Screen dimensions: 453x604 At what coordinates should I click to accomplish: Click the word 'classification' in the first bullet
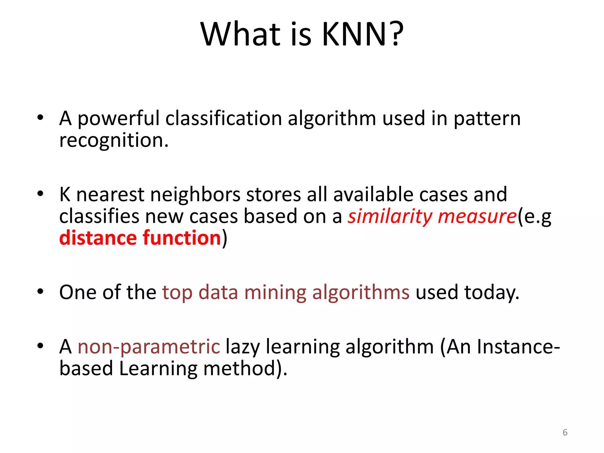pos(224,118)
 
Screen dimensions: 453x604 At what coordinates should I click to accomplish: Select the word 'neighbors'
pos(195,195)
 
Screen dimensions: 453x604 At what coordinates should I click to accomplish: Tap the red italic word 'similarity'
pos(390,217)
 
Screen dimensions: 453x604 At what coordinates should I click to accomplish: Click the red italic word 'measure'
pos(477,217)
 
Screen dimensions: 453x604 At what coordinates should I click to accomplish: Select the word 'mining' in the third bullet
pos(275,293)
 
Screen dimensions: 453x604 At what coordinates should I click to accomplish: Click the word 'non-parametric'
pos(149,347)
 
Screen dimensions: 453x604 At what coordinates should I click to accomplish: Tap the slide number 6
pos(565,432)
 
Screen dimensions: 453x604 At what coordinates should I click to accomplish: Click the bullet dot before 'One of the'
pos(40,292)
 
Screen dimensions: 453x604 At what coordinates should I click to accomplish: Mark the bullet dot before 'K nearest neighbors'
pos(40,194)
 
